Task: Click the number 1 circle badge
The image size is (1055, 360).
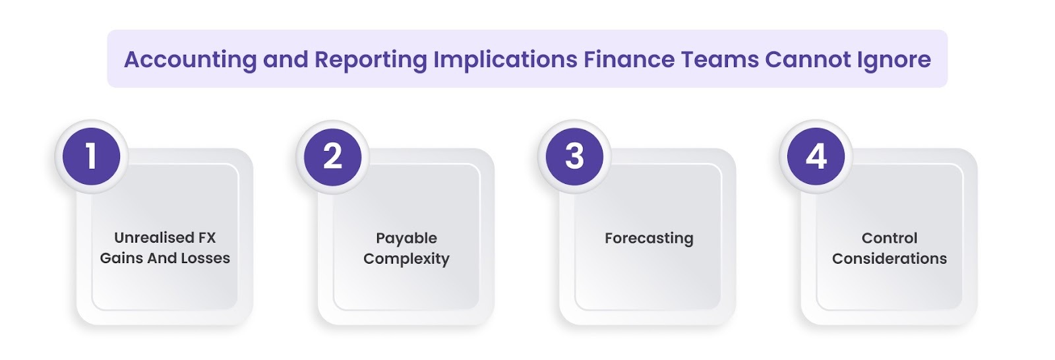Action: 91,156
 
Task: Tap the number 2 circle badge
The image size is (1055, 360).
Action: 332,156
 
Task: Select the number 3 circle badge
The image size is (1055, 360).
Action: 574,156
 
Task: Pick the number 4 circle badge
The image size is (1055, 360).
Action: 816,156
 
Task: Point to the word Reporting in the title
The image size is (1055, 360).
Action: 371,60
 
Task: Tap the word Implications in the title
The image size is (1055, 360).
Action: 505,60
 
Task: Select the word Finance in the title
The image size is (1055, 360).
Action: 628,59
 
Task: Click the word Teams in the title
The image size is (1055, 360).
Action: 719,59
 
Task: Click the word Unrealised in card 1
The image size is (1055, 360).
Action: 146,237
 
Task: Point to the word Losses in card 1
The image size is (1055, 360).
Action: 204,258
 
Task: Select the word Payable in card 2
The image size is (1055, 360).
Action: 406,238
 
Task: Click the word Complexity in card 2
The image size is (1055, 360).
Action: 406,258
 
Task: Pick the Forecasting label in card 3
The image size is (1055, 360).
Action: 649,238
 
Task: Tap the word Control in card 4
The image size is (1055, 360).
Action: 889,238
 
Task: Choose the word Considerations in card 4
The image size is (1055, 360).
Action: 889,258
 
